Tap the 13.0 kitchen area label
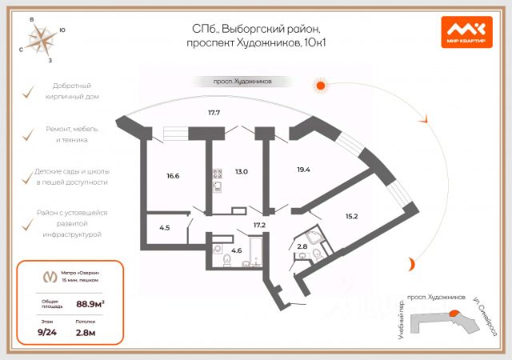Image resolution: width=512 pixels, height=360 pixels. (x=242, y=171)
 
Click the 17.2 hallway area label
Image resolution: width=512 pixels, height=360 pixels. (x=258, y=226)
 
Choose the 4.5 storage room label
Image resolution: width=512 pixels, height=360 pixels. (x=164, y=228)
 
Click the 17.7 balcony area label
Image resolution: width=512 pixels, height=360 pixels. (x=214, y=113)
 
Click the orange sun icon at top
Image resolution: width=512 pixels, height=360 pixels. (x=320, y=85)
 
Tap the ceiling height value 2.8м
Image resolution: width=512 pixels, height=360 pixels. (x=86, y=332)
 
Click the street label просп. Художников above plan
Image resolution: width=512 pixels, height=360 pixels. (x=242, y=81)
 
